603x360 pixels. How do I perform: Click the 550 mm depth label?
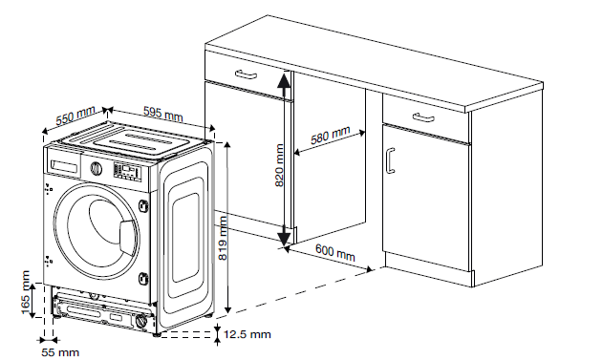(75, 116)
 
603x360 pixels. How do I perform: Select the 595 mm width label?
(163, 113)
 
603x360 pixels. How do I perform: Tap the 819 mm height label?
(223, 238)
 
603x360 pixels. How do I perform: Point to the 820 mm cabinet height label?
(280, 165)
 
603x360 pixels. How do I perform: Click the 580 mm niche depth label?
(331, 135)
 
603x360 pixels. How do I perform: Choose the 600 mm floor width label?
(335, 252)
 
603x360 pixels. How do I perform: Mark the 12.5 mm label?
(248, 334)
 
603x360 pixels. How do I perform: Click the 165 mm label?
(26, 292)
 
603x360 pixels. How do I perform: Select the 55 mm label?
(60, 352)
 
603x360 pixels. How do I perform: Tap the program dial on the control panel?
(96, 168)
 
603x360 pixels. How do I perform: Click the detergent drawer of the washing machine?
(64, 165)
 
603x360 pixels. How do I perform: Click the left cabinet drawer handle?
(247, 74)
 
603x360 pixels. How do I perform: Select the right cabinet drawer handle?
(423, 117)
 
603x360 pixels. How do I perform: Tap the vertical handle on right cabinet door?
(390, 160)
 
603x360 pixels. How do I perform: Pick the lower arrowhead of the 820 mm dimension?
(284, 236)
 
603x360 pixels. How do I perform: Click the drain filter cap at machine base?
(141, 322)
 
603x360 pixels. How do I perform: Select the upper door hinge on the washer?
(144, 204)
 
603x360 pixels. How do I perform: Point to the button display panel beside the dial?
(127, 171)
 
